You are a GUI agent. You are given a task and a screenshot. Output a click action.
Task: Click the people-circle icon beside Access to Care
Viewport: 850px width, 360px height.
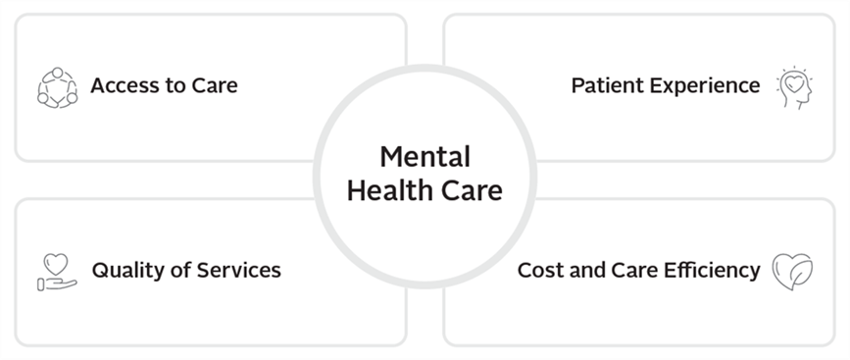coord(57,87)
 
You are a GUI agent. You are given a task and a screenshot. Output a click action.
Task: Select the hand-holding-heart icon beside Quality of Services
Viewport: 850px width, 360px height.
coord(57,272)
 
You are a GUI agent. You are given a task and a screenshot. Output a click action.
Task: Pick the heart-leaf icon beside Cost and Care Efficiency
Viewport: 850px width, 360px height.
coord(792,272)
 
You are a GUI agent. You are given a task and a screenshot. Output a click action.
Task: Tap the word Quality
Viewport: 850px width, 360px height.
coord(125,270)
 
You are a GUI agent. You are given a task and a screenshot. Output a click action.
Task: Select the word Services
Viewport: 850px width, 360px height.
coord(236,270)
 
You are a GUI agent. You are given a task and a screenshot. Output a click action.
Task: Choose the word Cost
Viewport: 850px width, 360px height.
coord(539,270)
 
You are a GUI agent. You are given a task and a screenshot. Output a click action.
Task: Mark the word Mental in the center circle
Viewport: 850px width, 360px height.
coord(425,156)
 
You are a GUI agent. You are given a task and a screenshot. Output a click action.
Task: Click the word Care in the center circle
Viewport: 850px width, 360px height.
coord(472,189)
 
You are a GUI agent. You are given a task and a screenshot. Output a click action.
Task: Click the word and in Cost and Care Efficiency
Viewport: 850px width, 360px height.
coord(586,270)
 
